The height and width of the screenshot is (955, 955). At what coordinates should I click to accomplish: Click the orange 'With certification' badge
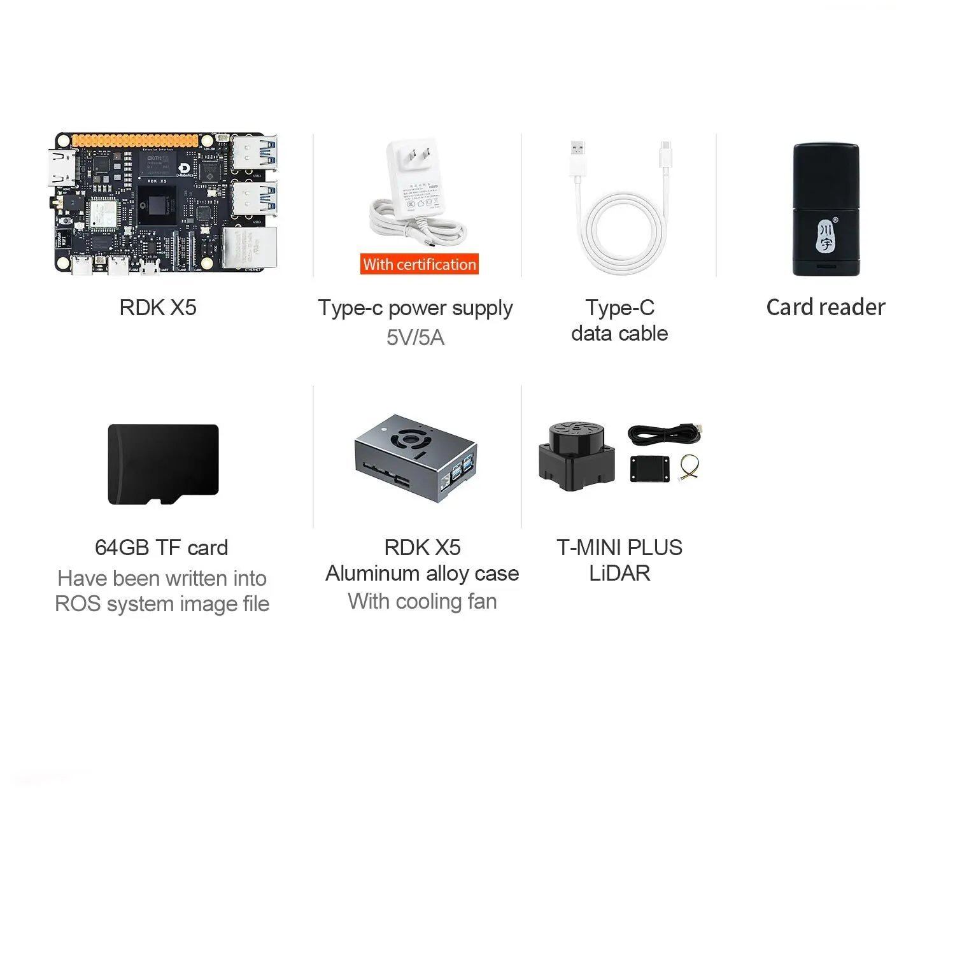tap(420, 264)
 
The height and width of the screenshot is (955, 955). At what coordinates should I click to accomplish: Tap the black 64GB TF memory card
tap(163, 464)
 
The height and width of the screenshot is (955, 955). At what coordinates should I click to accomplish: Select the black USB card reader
tap(826, 209)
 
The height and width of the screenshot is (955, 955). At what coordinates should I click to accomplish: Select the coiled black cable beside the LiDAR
tap(665, 434)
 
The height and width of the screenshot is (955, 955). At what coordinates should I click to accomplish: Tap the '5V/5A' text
tap(415, 337)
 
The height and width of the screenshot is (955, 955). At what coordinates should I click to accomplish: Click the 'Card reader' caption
tap(826, 308)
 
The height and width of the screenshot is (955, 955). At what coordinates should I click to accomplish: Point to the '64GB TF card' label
tap(161, 548)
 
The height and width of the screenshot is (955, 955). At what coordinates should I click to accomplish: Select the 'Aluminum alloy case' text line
tap(422, 574)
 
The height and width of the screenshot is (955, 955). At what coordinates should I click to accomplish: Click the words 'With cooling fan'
tap(422, 601)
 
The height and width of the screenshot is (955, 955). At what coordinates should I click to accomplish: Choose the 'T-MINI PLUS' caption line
tap(619, 548)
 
